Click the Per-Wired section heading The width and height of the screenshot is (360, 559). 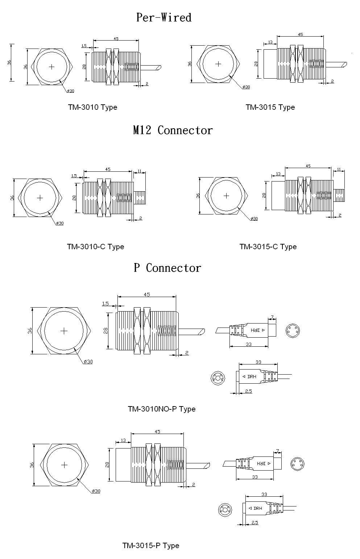(164, 17)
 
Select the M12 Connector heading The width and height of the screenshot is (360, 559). (173, 130)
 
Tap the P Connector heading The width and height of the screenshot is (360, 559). (167, 268)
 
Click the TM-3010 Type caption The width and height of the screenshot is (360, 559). (92, 107)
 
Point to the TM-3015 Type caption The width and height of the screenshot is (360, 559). (270, 107)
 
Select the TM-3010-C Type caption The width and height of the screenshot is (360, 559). (95, 247)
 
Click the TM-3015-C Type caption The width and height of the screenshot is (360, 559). (268, 247)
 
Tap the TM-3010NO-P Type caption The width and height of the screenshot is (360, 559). (161, 409)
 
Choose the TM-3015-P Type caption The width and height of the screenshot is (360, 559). (151, 546)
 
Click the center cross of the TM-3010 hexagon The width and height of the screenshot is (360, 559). (52, 67)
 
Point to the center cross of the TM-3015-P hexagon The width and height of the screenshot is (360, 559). (65, 465)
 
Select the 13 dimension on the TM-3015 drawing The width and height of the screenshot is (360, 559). (270, 42)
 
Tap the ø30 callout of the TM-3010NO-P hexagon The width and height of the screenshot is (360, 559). (88, 362)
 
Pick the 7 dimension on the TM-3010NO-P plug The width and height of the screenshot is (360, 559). (272, 317)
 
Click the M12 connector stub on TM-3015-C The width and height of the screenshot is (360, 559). (339, 195)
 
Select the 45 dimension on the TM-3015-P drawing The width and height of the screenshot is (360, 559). (157, 431)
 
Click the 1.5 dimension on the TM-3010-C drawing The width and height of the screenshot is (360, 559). (74, 176)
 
